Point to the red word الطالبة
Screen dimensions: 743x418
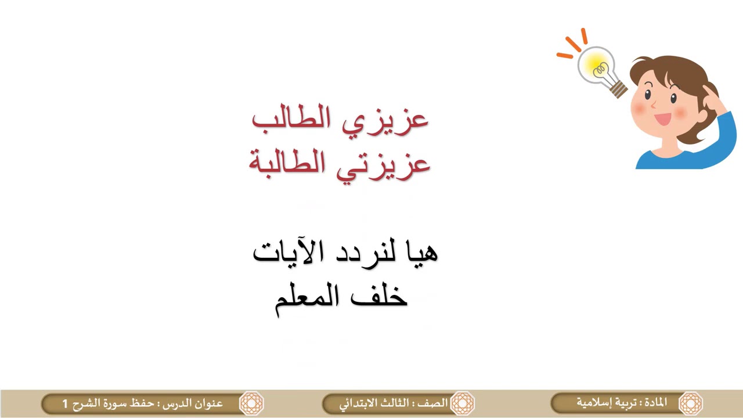tap(287, 163)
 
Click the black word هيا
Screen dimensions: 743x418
tap(420, 252)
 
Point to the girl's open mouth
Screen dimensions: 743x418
tap(663, 119)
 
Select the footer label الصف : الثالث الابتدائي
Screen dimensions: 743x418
tap(394, 403)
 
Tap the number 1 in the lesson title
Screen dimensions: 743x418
tap(65, 403)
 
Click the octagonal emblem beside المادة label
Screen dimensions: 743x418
tap(691, 403)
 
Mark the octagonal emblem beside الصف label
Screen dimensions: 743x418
tap(463, 403)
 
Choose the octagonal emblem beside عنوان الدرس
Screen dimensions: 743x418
tap(252, 403)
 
